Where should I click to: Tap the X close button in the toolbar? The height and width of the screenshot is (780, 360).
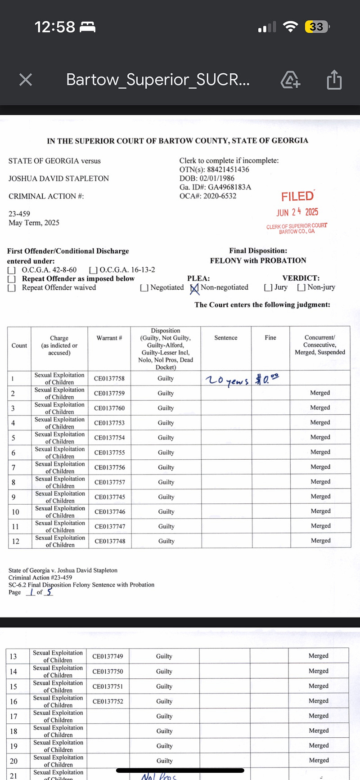pyautogui.click(x=26, y=80)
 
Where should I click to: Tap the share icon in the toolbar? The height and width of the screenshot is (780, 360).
pyautogui.click(x=334, y=80)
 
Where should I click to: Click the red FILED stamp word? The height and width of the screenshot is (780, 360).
pyautogui.click(x=297, y=197)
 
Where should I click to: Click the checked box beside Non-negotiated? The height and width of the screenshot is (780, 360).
pyautogui.click(x=194, y=288)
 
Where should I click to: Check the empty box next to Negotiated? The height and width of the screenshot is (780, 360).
pyautogui.click(x=144, y=288)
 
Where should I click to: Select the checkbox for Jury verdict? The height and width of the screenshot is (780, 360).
pyautogui.click(x=268, y=287)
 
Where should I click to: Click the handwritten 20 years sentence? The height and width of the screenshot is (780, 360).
pyautogui.click(x=226, y=380)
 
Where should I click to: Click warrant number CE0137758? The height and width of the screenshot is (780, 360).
pyautogui.click(x=109, y=378)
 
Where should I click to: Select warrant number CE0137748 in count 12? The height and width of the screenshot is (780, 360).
pyautogui.click(x=110, y=541)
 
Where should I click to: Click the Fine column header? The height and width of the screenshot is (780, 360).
pyautogui.click(x=270, y=337)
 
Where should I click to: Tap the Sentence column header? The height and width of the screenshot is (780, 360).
pyautogui.click(x=226, y=338)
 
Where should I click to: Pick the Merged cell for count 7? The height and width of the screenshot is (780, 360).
pyautogui.click(x=320, y=467)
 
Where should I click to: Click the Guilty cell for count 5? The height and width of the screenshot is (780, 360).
pyautogui.click(x=166, y=437)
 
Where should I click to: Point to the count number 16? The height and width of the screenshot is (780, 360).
pyautogui.click(x=13, y=701)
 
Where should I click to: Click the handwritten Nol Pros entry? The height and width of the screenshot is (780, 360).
pyautogui.click(x=159, y=776)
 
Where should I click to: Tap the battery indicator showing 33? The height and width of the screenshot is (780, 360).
pyautogui.click(x=316, y=27)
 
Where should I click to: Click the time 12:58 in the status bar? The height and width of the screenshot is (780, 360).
pyautogui.click(x=55, y=27)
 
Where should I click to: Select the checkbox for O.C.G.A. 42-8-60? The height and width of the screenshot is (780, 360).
pyautogui.click(x=12, y=270)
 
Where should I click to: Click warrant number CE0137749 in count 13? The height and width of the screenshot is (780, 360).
pyautogui.click(x=108, y=656)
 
